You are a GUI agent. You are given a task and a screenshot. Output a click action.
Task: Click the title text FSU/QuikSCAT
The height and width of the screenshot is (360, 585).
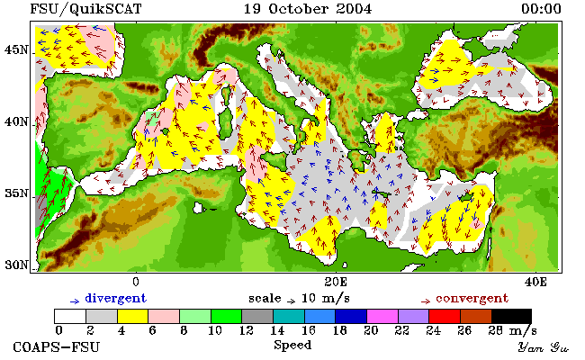[85, 9]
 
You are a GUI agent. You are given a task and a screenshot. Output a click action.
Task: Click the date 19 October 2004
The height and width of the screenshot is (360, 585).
[308, 9]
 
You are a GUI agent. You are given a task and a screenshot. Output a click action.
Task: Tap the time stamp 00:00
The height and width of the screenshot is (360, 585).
[541, 9]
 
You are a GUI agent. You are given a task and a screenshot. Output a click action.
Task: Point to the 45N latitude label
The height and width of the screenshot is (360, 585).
[16, 49]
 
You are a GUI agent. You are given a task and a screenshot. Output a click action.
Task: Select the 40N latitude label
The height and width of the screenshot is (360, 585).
[16, 121]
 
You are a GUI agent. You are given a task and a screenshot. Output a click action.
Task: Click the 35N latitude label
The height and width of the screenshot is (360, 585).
[16, 193]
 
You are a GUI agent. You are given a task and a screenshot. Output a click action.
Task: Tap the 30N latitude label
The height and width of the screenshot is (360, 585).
[16, 265]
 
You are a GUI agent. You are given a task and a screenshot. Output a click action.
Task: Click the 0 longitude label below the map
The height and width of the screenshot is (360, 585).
[136, 282]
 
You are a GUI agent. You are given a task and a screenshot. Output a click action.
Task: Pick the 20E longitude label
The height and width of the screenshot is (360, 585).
[336, 282]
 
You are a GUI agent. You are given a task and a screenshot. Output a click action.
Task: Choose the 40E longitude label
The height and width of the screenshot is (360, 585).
[535, 282]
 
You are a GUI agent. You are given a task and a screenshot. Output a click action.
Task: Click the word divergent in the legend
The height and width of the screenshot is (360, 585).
[116, 299]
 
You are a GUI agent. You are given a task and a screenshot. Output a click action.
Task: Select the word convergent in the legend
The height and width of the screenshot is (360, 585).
[472, 299]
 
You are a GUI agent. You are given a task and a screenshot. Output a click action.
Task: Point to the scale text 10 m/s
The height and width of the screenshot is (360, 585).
[325, 299]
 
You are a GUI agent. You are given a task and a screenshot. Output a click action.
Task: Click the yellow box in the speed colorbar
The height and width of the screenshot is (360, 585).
[132, 316]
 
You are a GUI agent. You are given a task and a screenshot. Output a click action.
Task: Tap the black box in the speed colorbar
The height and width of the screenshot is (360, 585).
[511, 316]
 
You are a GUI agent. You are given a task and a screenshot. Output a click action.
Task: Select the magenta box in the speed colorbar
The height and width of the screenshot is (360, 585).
[382, 316]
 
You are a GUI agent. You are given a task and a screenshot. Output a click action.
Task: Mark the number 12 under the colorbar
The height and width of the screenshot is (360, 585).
[246, 330]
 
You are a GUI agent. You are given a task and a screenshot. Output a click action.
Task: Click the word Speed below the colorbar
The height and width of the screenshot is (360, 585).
[292, 345]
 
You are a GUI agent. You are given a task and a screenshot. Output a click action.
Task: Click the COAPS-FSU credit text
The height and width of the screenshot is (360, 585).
[57, 346]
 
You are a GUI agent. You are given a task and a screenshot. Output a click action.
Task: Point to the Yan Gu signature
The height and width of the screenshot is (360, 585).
[543, 347]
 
